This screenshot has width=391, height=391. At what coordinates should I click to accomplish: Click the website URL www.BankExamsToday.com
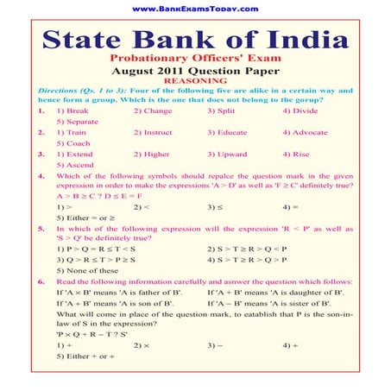point(195,9)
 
